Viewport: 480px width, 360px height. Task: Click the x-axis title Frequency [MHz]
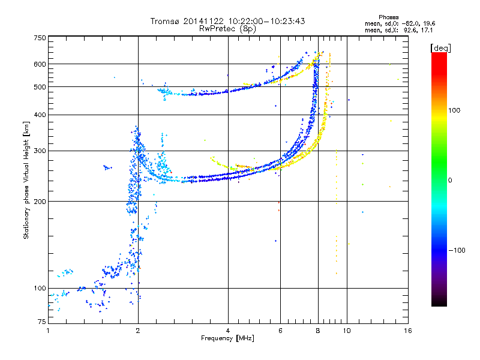tap(227, 339)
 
